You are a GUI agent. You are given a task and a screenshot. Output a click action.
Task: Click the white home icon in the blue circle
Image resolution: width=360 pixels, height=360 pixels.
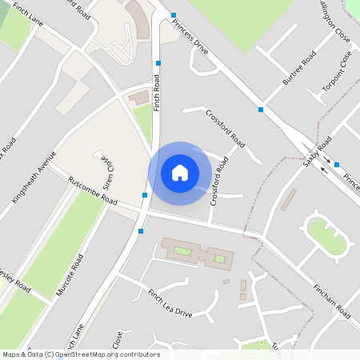coord(180,173)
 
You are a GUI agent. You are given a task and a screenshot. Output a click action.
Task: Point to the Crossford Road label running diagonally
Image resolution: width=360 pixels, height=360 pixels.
coord(226,126)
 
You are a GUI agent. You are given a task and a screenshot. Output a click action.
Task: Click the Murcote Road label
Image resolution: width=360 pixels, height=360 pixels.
coord(70,275)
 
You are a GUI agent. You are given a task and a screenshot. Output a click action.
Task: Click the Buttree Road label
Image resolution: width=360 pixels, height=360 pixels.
coord(299,69)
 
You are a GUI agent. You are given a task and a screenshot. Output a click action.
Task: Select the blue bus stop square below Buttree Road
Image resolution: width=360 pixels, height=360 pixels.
coord(261,109)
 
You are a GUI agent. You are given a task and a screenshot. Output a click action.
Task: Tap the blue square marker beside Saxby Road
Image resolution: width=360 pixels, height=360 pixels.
coord(337,165)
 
